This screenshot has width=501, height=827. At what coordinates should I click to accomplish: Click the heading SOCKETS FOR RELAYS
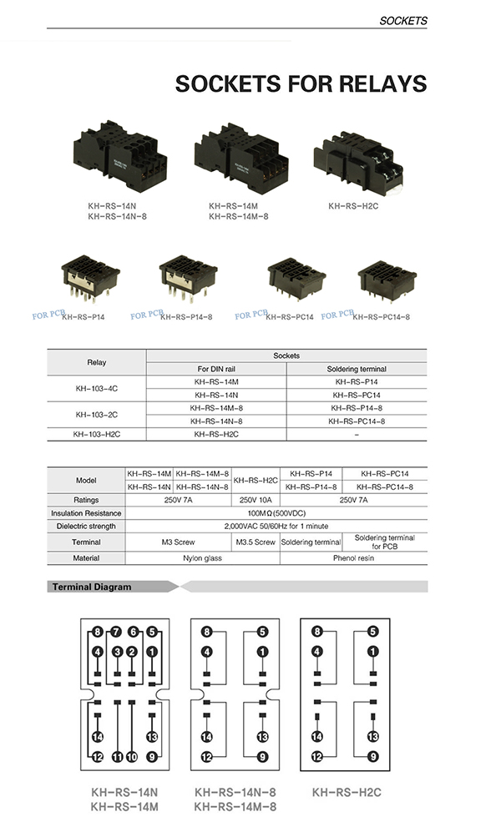point(301,83)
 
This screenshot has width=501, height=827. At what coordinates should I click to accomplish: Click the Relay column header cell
point(97,361)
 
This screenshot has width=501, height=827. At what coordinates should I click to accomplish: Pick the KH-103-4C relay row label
point(97,388)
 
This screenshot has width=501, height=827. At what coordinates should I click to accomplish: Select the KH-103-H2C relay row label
point(97,434)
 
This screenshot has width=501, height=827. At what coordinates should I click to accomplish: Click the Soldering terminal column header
point(356,369)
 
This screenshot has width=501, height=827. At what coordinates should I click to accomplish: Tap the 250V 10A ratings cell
point(256,499)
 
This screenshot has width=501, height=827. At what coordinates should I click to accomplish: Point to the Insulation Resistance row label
point(85,512)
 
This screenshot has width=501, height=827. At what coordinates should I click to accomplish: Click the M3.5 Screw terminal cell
point(256,542)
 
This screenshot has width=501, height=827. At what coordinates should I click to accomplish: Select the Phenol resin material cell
point(353,557)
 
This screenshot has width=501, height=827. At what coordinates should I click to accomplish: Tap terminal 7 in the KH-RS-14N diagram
point(117,632)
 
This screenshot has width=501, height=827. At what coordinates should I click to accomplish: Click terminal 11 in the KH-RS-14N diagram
point(117,757)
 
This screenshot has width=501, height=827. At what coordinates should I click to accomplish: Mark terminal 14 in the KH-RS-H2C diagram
point(317,736)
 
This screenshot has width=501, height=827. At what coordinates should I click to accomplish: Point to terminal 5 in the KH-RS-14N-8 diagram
point(262,632)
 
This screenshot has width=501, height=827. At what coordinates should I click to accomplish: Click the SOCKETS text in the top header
point(402,20)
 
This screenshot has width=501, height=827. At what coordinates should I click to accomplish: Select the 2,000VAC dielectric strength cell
point(276,527)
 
